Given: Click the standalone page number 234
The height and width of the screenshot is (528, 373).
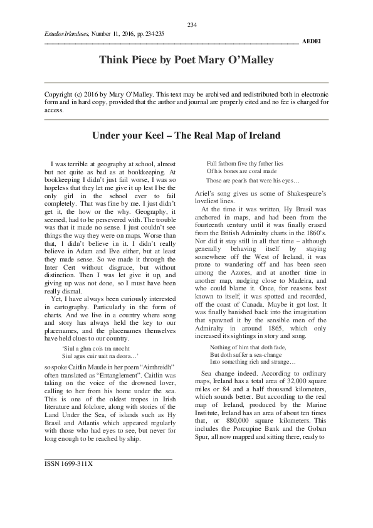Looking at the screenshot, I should (x=192, y=25).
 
